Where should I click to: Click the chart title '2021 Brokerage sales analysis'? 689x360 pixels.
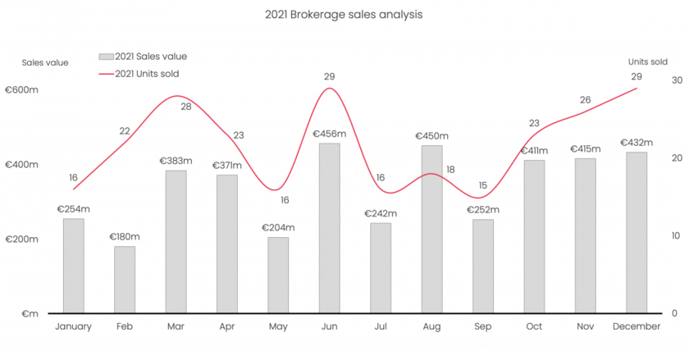click(x=344, y=15)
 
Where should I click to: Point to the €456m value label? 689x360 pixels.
click(x=329, y=134)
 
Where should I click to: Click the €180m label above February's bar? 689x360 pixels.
click(x=125, y=237)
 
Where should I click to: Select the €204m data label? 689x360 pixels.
click(x=278, y=228)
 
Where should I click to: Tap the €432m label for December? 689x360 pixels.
click(x=637, y=143)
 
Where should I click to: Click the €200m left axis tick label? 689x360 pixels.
click(x=22, y=239)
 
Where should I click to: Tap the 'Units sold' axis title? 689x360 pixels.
click(x=646, y=62)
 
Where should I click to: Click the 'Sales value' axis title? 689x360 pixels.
click(x=45, y=62)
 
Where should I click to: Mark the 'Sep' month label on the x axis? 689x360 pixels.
click(x=483, y=326)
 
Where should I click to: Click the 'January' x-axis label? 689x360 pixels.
click(x=74, y=326)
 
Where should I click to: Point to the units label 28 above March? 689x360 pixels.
click(x=186, y=107)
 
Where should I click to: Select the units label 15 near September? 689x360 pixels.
click(x=482, y=185)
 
